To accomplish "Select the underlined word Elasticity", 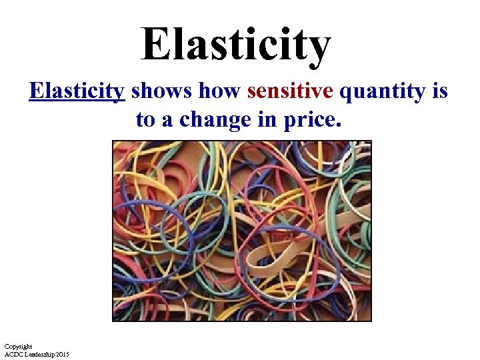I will [77, 91].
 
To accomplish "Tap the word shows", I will [154, 91].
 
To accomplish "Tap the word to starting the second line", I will [146, 119].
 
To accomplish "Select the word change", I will [216, 120].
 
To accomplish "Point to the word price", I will [312, 120].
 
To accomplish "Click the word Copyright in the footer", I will [18, 346].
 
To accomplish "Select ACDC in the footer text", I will [13, 353].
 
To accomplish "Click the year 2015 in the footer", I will [62, 353].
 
